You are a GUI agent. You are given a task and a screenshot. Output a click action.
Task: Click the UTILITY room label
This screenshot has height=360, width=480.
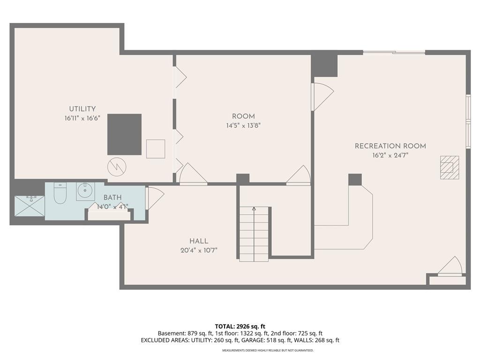click(82, 109)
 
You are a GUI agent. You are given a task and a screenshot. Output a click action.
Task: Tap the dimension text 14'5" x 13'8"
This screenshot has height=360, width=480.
click(243, 126)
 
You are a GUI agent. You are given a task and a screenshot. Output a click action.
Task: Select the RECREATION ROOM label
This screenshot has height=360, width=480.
click(390, 146)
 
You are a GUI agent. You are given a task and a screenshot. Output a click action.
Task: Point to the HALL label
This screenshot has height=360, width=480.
click(199, 241)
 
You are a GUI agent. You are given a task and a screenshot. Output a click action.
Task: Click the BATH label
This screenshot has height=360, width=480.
click(112, 198)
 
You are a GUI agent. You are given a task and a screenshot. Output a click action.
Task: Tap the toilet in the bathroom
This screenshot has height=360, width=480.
click(60, 193)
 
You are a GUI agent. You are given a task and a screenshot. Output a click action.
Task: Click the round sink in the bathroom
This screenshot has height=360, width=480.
click(85, 192)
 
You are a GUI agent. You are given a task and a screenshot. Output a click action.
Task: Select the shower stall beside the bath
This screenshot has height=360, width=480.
click(30, 206)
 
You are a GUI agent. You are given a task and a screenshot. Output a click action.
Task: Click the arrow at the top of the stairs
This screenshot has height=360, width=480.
click(254, 210)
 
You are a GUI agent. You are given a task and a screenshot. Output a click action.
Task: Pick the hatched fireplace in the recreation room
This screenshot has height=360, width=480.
click(450, 167)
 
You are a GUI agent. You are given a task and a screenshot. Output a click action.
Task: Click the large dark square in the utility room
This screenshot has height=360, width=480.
click(124, 135)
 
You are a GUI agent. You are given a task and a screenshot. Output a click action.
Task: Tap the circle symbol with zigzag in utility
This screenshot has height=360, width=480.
click(117, 167)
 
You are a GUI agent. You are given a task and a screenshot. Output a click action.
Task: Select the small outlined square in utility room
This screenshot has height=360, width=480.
click(156, 149)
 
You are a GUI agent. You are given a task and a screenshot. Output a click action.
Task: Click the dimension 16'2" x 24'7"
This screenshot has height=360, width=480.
click(390, 156)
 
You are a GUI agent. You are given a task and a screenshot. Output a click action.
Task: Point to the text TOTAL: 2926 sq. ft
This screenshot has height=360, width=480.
click(240, 326)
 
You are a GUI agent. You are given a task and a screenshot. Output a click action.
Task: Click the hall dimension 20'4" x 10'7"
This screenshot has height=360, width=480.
click(199, 250)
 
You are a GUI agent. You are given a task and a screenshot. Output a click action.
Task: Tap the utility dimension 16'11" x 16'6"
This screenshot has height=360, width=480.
click(82, 119)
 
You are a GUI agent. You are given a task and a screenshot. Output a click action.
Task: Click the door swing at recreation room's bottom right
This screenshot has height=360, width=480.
click(450, 266)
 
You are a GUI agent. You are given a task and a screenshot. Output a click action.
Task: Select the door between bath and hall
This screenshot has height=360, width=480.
click(155, 198)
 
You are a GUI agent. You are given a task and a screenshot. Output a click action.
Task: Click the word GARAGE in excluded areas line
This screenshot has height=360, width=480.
click(252, 340)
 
